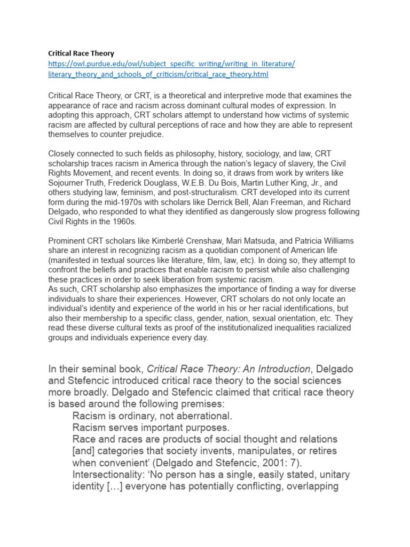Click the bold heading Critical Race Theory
(81, 53)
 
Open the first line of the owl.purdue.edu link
(171, 64)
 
